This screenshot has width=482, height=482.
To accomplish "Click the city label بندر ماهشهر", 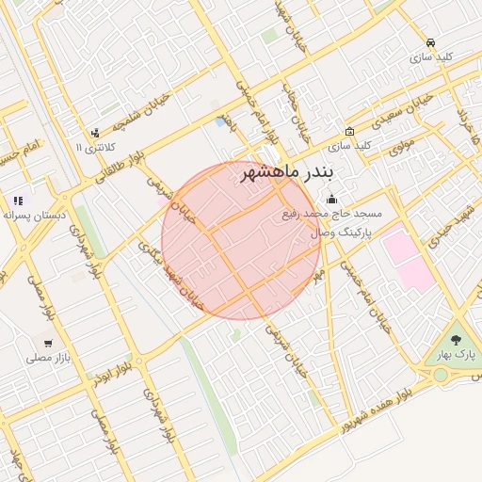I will [294, 174].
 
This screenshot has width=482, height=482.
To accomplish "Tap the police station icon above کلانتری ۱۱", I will [95, 133].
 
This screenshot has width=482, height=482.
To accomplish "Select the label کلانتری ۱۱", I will [95, 148].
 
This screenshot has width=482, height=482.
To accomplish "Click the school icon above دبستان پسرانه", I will [19, 201].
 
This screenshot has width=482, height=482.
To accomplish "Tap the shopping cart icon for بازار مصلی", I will [47, 344].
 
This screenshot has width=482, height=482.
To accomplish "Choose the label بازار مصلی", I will [46, 359].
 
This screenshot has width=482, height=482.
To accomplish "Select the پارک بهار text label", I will [457, 356].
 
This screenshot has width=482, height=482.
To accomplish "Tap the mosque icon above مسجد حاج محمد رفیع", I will [331, 200].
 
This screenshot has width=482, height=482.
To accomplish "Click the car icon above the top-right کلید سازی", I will [430, 42].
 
